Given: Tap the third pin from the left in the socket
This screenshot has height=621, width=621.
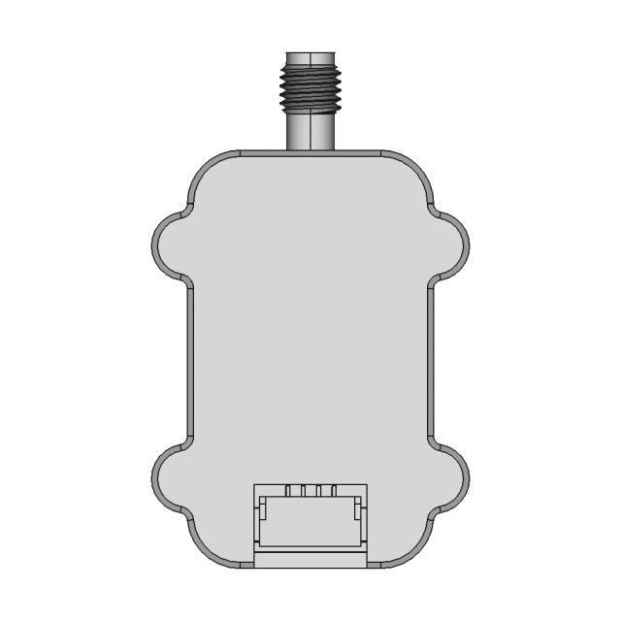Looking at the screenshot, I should [318, 491].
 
